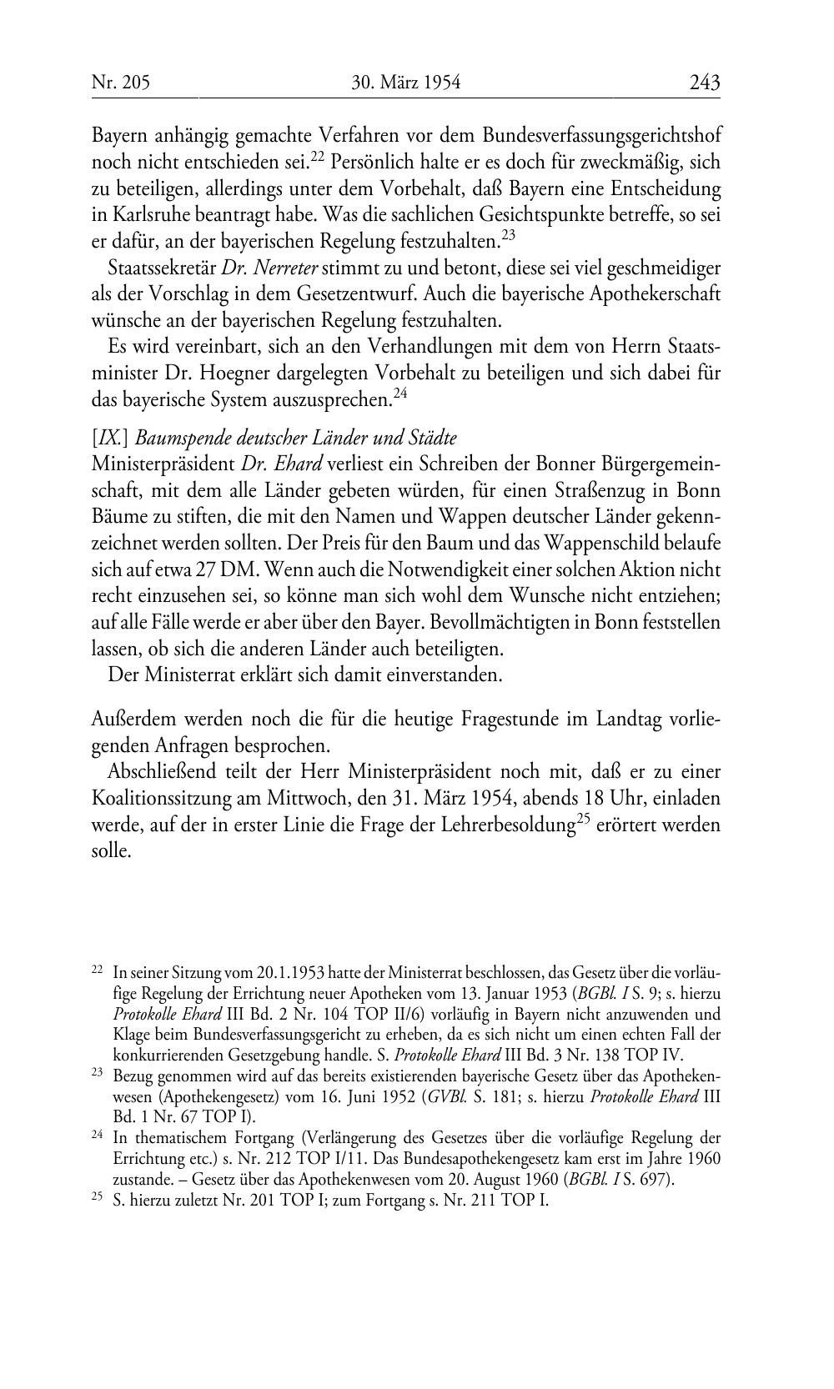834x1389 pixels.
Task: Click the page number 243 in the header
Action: [704, 82]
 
